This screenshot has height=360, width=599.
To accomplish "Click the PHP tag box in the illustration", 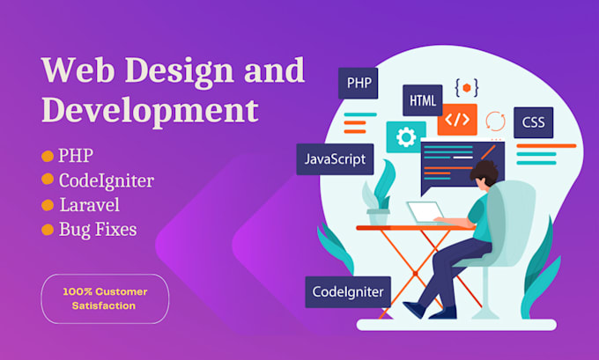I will (x=359, y=84).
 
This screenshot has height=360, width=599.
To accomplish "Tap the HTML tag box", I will (x=423, y=99).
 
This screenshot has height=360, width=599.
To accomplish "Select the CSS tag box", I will (x=533, y=122).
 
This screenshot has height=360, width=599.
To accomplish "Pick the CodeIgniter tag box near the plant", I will (x=348, y=291).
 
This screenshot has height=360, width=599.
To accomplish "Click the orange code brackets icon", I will (x=457, y=119).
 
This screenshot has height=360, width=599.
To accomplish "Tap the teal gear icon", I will (x=406, y=137).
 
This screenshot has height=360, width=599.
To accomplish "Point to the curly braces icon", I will (x=467, y=87).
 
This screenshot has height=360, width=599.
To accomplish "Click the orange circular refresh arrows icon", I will (x=495, y=121).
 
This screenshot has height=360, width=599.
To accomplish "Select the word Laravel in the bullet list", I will (x=89, y=206).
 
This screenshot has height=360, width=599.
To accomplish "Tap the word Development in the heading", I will (x=151, y=111).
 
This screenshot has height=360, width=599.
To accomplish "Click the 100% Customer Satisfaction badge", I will (x=105, y=298).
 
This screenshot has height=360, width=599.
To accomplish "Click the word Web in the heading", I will (x=78, y=70).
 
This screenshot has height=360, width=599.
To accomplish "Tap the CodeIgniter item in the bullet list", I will (x=106, y=181).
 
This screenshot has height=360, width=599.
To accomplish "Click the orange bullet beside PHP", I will (x=47, y=157).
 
